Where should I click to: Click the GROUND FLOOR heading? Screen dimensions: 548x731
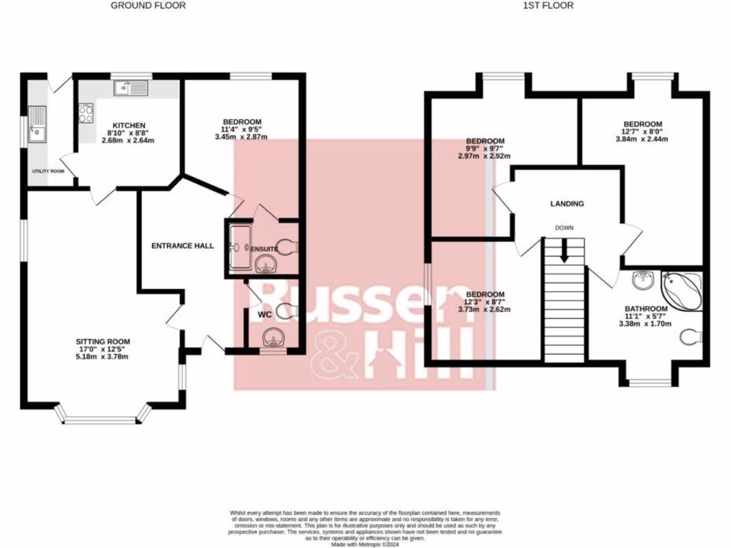(148, 6)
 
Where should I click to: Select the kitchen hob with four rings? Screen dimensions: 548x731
(86, 113)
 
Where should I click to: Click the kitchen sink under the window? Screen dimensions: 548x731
(130, 89)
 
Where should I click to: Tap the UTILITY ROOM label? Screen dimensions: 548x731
(48, 172)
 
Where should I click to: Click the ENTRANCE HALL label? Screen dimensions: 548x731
(183, 245)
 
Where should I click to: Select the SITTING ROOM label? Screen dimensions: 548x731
(103, 341)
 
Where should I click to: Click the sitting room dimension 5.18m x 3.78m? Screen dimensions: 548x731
(103, 357)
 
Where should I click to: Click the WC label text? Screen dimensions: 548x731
(264, 314)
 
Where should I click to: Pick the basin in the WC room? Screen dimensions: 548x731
(272, 337)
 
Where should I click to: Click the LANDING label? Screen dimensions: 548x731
(567, 203)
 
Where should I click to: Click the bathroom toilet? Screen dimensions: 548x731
(690, 335)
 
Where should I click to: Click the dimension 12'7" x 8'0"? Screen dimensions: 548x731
(642, 131)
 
